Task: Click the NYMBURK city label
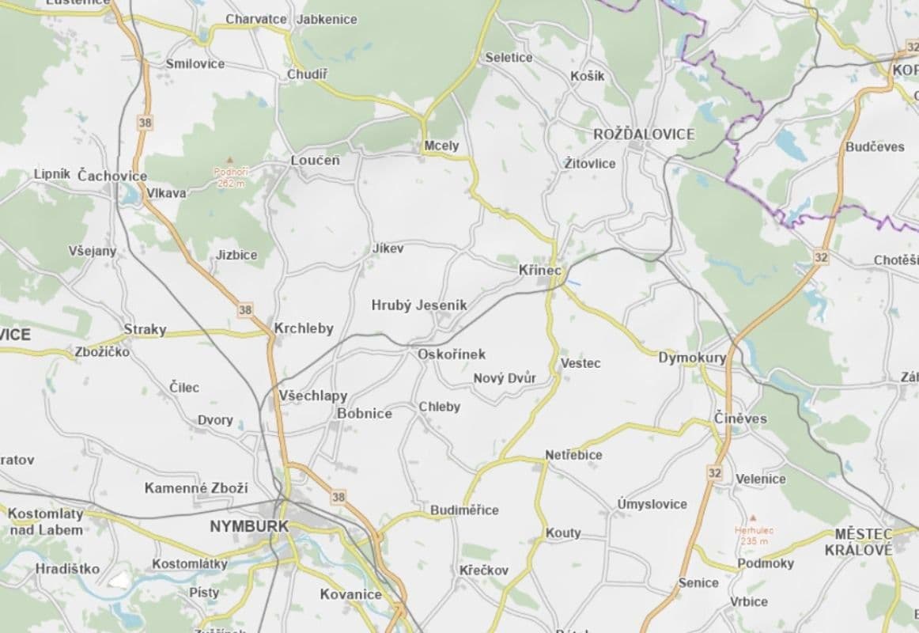point(249,526)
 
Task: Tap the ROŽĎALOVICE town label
point(644,135)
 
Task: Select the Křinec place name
point(539,271)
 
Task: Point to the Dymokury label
point(692,358)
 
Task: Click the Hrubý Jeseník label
point(419,305)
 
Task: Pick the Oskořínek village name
point(452,354)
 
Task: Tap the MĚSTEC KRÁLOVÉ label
point(864,542)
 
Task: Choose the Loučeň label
point(315,161)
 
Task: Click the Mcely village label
point(441,146)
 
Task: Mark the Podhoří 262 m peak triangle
point(229,160)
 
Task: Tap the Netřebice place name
point(573,455)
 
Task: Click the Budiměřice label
point(464,510)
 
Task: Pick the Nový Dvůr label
point(505,378)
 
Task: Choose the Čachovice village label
point(112,176)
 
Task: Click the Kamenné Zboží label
point(196,488)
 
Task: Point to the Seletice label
point(509,58)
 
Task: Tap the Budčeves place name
point(875,147)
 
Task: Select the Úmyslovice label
point(652,504)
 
